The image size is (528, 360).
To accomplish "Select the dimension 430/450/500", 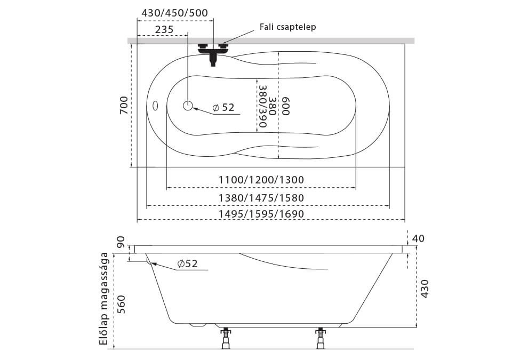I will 175,13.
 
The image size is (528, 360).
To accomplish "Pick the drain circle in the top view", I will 188,106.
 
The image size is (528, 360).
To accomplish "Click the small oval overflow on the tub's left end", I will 155,106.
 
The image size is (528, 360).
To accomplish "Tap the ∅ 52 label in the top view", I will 223,108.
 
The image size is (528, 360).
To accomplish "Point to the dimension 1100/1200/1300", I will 261,180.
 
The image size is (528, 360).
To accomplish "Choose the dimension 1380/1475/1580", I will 261,198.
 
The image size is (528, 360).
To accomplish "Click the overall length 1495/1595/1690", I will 261,214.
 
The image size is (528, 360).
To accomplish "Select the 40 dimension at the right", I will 418,238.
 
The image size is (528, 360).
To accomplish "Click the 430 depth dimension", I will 425,289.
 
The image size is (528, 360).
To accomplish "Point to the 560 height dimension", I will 121,304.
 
